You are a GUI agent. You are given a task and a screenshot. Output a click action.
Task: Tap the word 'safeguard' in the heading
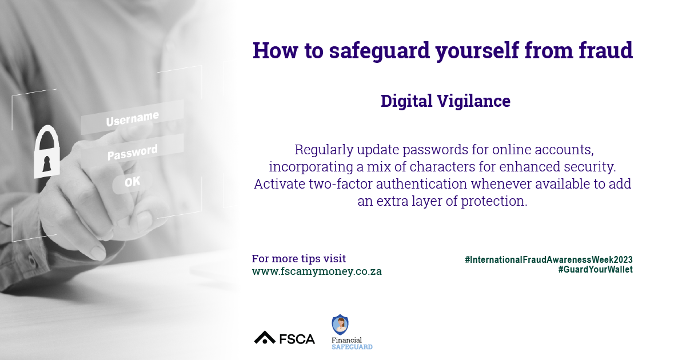tap(380, 51)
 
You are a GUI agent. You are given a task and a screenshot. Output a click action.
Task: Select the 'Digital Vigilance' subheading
tap(445, 101)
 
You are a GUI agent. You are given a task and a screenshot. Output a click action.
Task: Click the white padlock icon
tap(46, 151)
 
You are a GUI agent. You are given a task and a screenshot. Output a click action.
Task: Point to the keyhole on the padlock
tap(46, 164)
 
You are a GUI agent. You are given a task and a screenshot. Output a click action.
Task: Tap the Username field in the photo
tap(132, 118)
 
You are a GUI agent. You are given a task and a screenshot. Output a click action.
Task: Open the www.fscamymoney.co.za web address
tap(317, 271)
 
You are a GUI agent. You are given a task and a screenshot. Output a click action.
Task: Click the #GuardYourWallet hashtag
tap(595, 269)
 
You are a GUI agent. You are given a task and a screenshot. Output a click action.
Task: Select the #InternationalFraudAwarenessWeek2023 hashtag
tap(549, 259)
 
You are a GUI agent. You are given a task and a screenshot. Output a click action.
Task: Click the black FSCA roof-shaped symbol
tap(265, 337)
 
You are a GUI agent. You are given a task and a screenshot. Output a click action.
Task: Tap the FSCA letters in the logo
tap(297, 339)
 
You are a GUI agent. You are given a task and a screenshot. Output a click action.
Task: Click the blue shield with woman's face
tap(340, 325)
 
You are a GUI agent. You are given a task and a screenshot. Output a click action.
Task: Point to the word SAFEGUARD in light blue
tap(352, 347)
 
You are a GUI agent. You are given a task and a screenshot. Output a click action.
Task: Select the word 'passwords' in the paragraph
tap(435, 150)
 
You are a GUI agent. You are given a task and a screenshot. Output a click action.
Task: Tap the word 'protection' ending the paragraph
tap(494, 201)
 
